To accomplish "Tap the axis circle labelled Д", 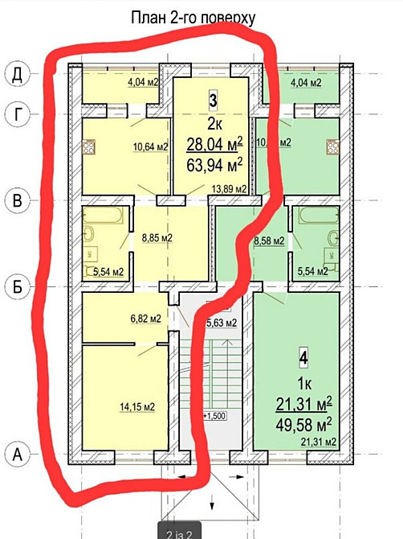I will [x=15, y=75].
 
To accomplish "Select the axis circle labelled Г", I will [x=15, y=113].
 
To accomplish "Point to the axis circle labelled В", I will [x=15, y=200].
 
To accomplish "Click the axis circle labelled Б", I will [x=15, y=285].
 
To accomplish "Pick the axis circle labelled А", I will [x=15, y=455].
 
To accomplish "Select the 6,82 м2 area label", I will [x=145, y=319].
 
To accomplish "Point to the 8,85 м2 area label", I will [x=157, y=239].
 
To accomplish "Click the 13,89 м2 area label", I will [x=227, y=189].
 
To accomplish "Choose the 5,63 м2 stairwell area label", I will [x=222, y=323].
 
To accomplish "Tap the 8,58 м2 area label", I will [x=268, y=240].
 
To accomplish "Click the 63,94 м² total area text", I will [x=214, y=167].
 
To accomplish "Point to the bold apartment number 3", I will [x=213, y=101].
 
